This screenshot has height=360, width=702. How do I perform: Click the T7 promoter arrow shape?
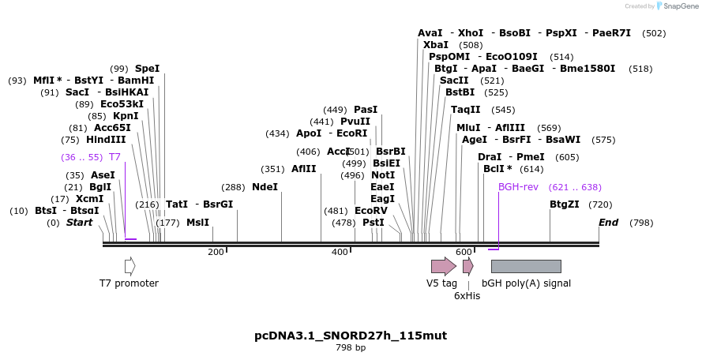pyautogui.click(x=130, y=266)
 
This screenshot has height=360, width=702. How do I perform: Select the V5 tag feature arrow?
pyautogui.click(x=443, y=266)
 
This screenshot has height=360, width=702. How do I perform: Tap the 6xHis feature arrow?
pyautogui.click(x=467, y=266)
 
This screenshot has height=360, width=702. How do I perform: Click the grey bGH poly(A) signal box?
pyautogui.click(x=526, y=266)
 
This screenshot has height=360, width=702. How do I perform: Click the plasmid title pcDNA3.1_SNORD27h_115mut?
pyautogui.click(x=351, y=336)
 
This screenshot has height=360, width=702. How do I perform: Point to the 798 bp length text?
pyautogui.click(x=351, y=347)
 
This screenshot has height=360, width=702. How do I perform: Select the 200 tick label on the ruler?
pyautogui.click(x=216, y=252)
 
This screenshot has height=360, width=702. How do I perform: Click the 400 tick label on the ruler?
pyautogui.click(x=340, y=252)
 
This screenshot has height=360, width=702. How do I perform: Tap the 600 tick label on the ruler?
pyautogui.click(x=464, y=252)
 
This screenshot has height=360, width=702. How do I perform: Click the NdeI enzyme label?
pyautogui.click(x=265, y=187)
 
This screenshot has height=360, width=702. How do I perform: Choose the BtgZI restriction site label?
pyautogui.click(x=565, y=204)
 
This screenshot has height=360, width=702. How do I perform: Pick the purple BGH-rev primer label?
pyautogui.click(x=518, y=187)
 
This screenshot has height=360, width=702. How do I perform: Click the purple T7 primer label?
pyautogui.click(x=114, y=157)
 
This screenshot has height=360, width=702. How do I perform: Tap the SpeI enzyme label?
pyautogui.click(x=147, y=69)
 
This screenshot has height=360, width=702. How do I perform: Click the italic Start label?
pyautogui.click(x=79, y=223)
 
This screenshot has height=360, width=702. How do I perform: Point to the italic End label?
pyautogui.click(x=608, y=223)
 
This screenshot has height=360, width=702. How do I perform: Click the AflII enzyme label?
pyautogui.click(x=304, y=169)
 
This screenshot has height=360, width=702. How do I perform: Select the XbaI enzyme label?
pyautogui.click(x=436, y=45)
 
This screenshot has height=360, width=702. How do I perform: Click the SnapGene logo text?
pyautogui.click(x=678, y=6)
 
